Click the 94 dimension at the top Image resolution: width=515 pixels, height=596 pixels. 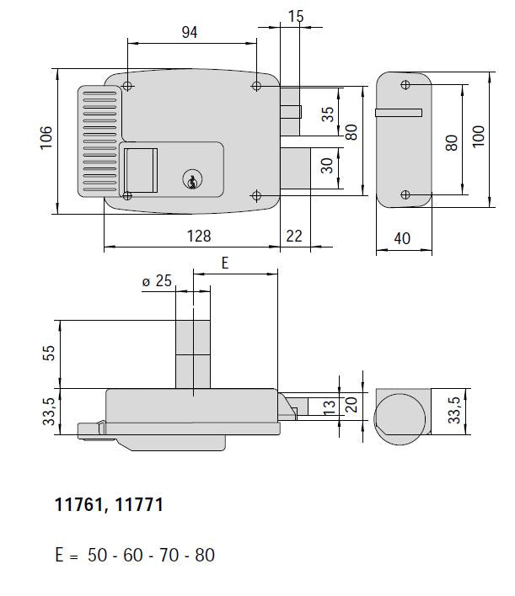point(190,32)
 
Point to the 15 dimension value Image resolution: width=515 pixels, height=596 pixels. point(295,17)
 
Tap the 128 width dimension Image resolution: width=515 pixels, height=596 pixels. point(199,237)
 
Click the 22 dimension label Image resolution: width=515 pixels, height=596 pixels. point(294,237)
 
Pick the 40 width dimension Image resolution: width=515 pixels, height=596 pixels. point(402,238)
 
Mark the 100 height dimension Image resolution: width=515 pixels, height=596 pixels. point(480,138)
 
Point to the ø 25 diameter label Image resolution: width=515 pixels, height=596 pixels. point(157,282)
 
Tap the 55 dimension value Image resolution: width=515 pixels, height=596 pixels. point(48,354)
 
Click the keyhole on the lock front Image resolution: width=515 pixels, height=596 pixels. point(193,179)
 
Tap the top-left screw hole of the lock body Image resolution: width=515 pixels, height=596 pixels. point(126,87)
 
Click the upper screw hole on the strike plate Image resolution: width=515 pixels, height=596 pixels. point(405,85)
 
